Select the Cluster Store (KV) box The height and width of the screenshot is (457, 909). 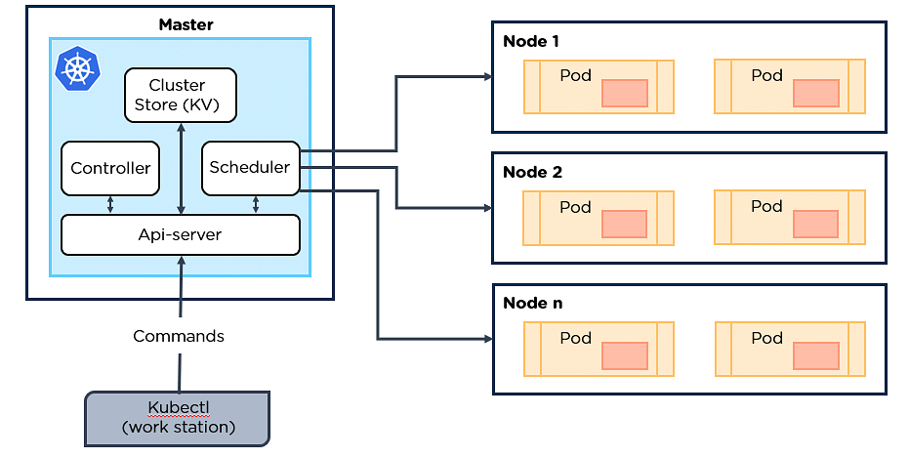pyautogui.click(x=181, y=95)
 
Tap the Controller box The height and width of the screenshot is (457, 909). pyautogui.click(x=110, y=168)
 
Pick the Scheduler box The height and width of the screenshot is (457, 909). pyautogui.click(x=250, y=167)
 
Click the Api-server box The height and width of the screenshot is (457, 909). pyautogui.click(x=180, y=234)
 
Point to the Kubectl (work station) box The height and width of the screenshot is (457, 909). pyautogui.click(x=177, y=417)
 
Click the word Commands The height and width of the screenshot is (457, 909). pyautogui.click(x=179, y=336)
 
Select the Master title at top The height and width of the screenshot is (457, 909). pyautogui.click(x=186, y=24)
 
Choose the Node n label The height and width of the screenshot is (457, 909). pyautogui.click(x=532, y=303)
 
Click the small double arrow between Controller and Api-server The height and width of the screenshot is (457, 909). pyautogui.click(x=110, y=205)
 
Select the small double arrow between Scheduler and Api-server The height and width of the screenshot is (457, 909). pyautogui.click(x=256, y=205)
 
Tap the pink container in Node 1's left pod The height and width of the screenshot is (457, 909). pyautogui.click(x=625, y=93)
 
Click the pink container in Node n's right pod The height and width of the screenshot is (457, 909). pyautogui.click(x=816, y=355)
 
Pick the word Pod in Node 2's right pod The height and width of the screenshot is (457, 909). pyautogui.click(x=766, y=206)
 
